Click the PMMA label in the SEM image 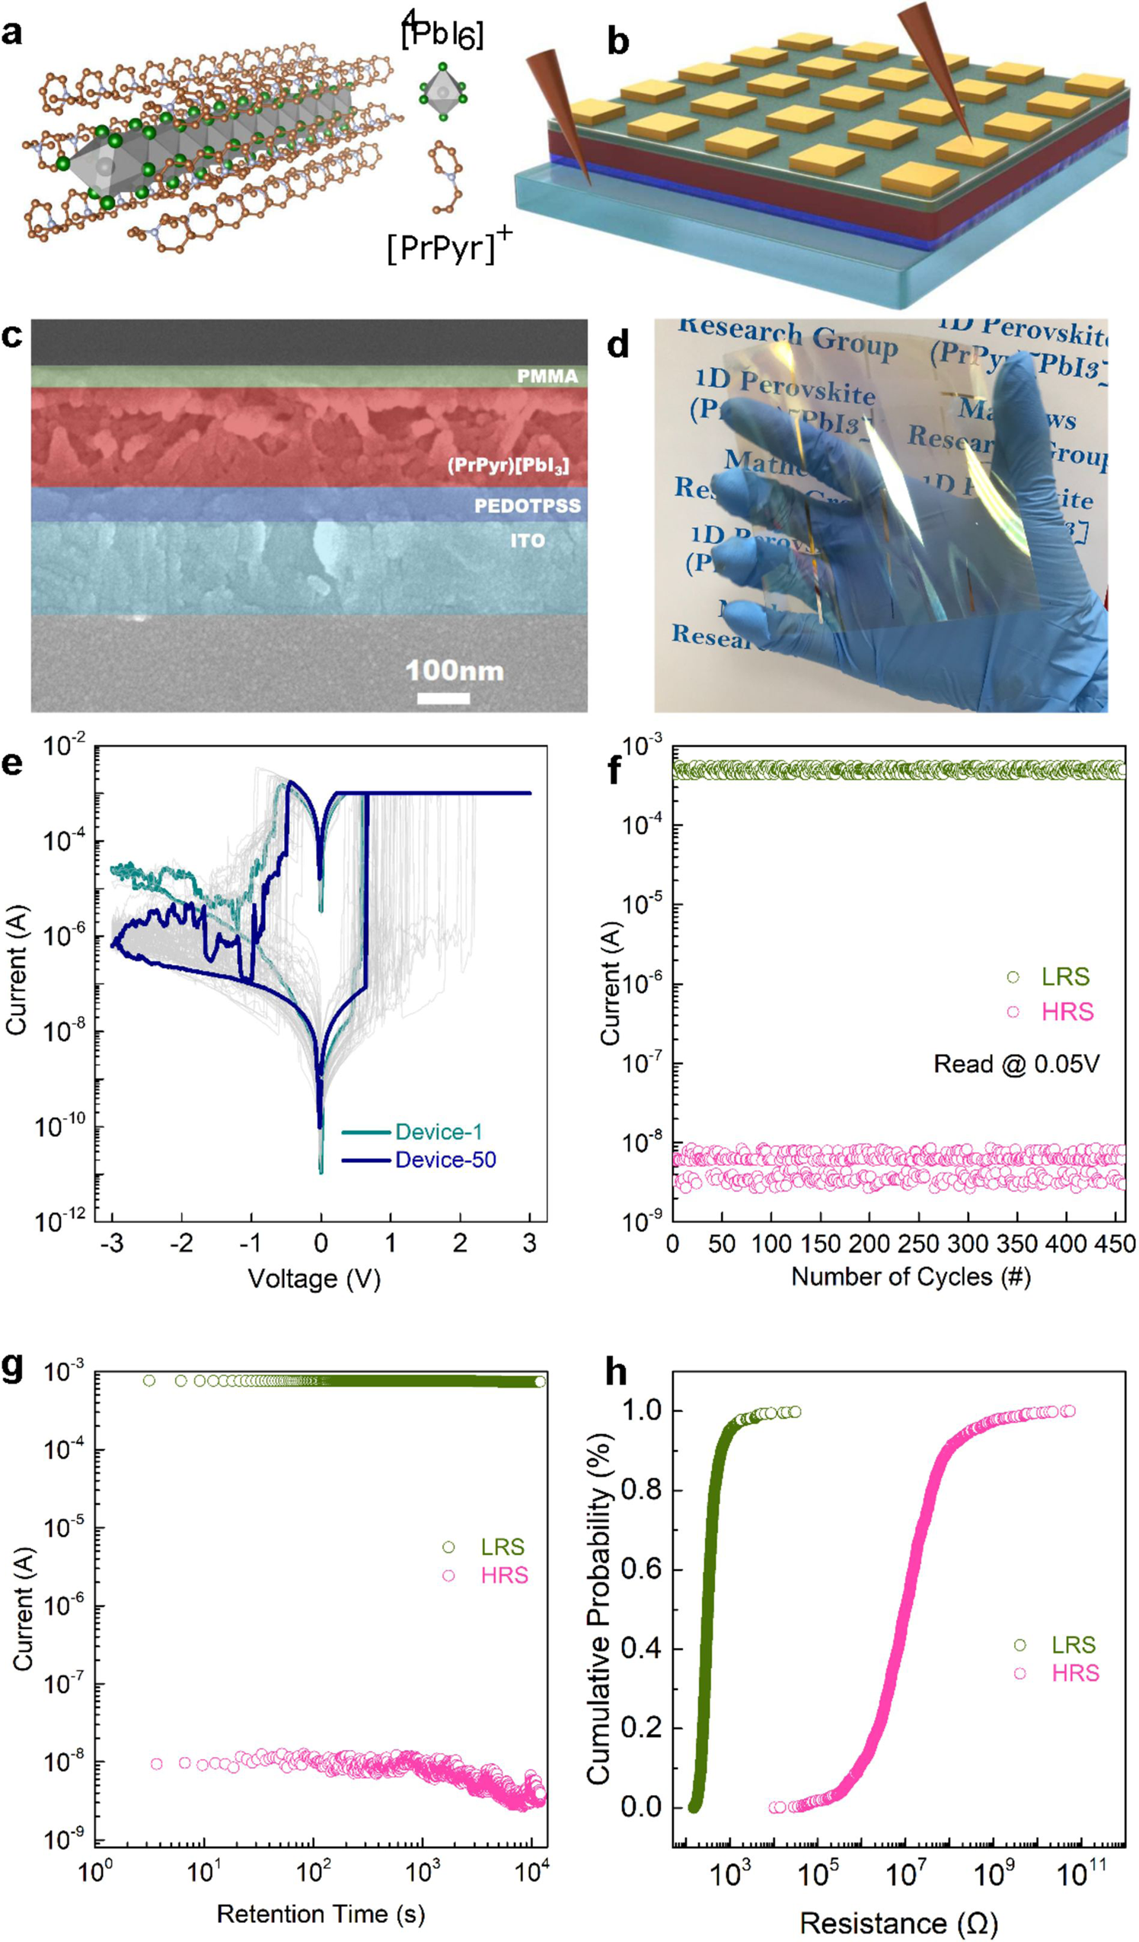coord(547,376)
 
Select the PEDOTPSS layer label coord(527,506)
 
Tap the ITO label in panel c coord(527,540)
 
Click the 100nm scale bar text coord(455,670)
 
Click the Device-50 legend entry coord(445,1160)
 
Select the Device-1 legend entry coord(439,1131)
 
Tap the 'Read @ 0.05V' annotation coord(1016,1064)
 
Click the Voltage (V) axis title coord(314,1279)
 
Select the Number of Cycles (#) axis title coord(911,1276)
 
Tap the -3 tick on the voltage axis coord(112,1243)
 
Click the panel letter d coord(618,344)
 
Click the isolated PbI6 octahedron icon coord(442,92)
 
